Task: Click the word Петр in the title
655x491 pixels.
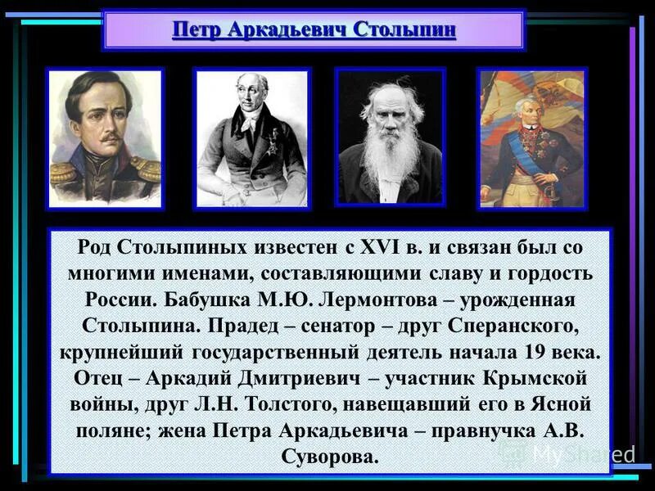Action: pos(197,31)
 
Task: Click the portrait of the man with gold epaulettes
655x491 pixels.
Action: pos(105,137)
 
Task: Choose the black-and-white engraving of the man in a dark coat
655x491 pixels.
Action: pos(251,137)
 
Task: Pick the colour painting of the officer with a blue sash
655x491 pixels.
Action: pos(531,137)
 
